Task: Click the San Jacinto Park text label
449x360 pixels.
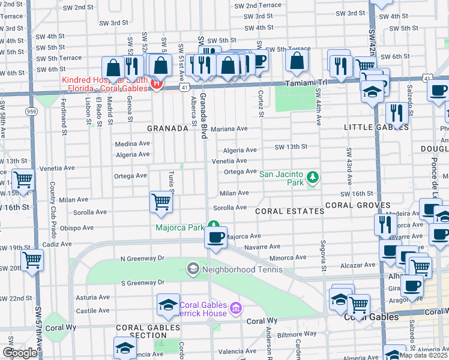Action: tap(281, 174)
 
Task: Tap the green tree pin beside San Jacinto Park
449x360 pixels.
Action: tap(312, 177)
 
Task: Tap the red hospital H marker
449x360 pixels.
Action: tap(156, 84)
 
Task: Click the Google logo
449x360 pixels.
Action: tap(19, 353)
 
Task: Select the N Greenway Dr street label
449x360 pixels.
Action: tap(142, 259)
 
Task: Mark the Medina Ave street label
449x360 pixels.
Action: tap(133, 143)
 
